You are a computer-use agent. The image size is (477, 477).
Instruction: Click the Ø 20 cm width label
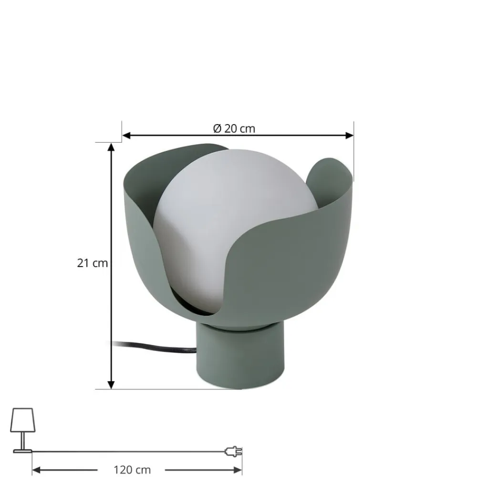(234, 128)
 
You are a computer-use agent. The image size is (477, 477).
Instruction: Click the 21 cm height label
(93, 263)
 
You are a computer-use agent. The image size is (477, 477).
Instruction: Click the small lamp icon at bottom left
(22, 429)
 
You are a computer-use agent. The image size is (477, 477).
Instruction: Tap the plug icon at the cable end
(234, 451)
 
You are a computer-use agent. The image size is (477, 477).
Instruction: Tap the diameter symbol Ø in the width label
(217, 128)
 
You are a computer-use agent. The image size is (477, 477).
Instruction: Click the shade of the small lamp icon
(22, 418)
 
